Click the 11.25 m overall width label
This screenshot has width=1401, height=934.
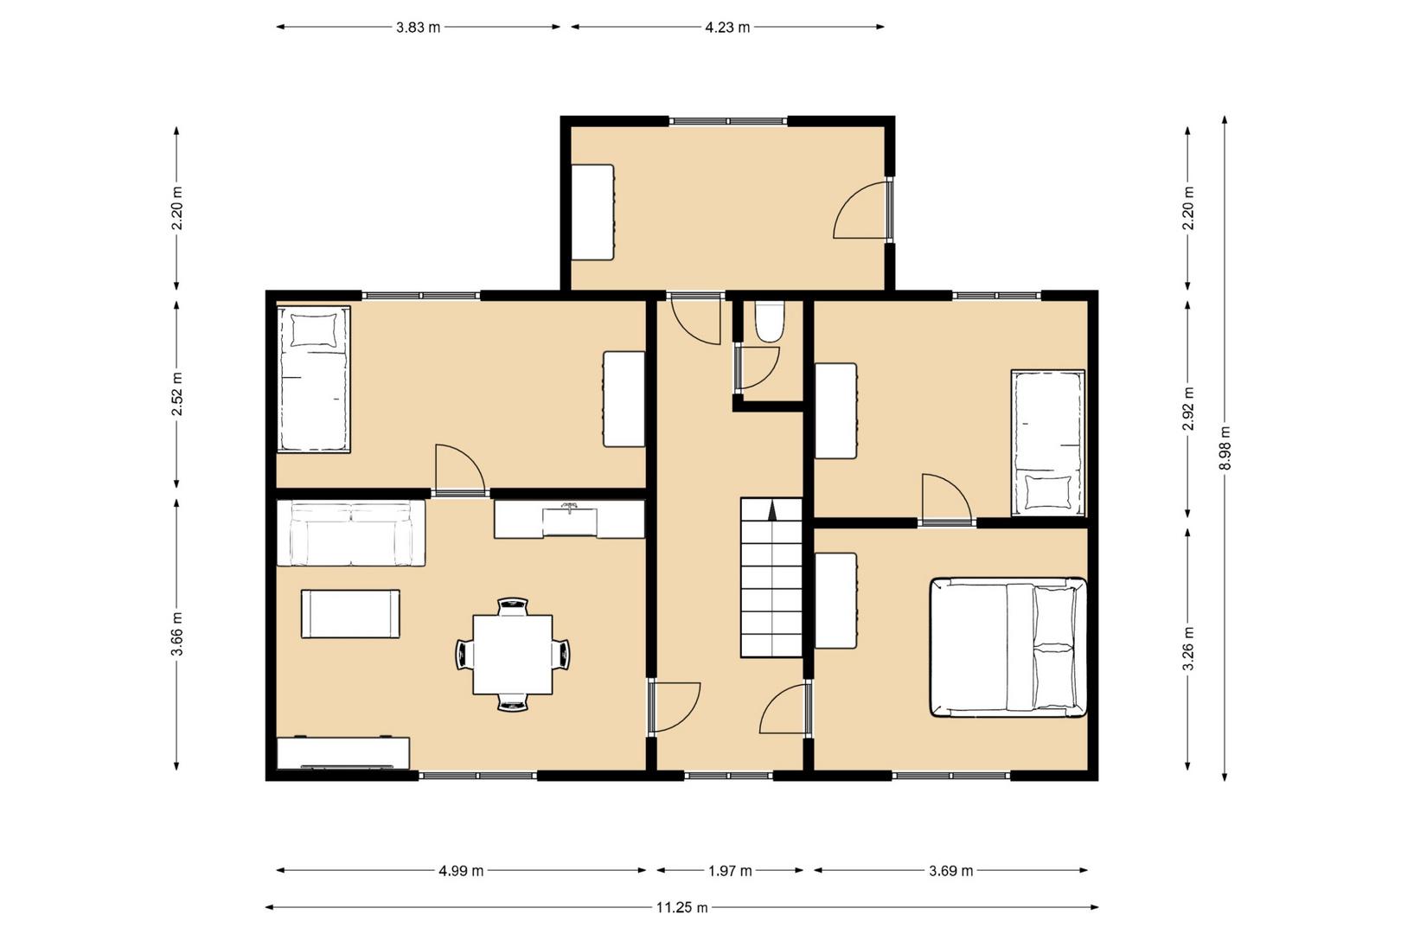(x=681, y=908)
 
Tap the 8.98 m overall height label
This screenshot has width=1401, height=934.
(x=1225, y=448)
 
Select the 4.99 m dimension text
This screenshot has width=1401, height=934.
(x=461, y=871)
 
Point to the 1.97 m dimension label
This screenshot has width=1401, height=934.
(x=730, y=871)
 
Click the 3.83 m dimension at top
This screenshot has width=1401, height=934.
(x=418, y=28)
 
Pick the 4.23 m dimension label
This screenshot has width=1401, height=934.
(x=727, y=28)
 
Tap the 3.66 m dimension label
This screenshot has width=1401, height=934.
(x=177, y=635)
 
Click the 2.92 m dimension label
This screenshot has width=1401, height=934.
(x=1187, y=409)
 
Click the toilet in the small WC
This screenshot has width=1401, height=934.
(x=770, y=323)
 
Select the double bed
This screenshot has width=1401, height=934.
(x=1008, y=647)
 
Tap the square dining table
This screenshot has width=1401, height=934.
(x=512, y=655)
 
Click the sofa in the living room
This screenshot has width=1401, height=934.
(x=351, y=533)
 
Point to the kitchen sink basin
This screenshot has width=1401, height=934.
(x=569, y=521)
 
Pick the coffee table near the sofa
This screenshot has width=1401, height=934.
(x=350, y=613)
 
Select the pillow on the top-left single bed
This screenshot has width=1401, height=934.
(x=313, y=329)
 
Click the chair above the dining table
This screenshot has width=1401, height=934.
(x=513, y=606)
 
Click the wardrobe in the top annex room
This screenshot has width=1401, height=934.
(x=593, y=212)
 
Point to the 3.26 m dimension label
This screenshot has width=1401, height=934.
(x=1187, y=648)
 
